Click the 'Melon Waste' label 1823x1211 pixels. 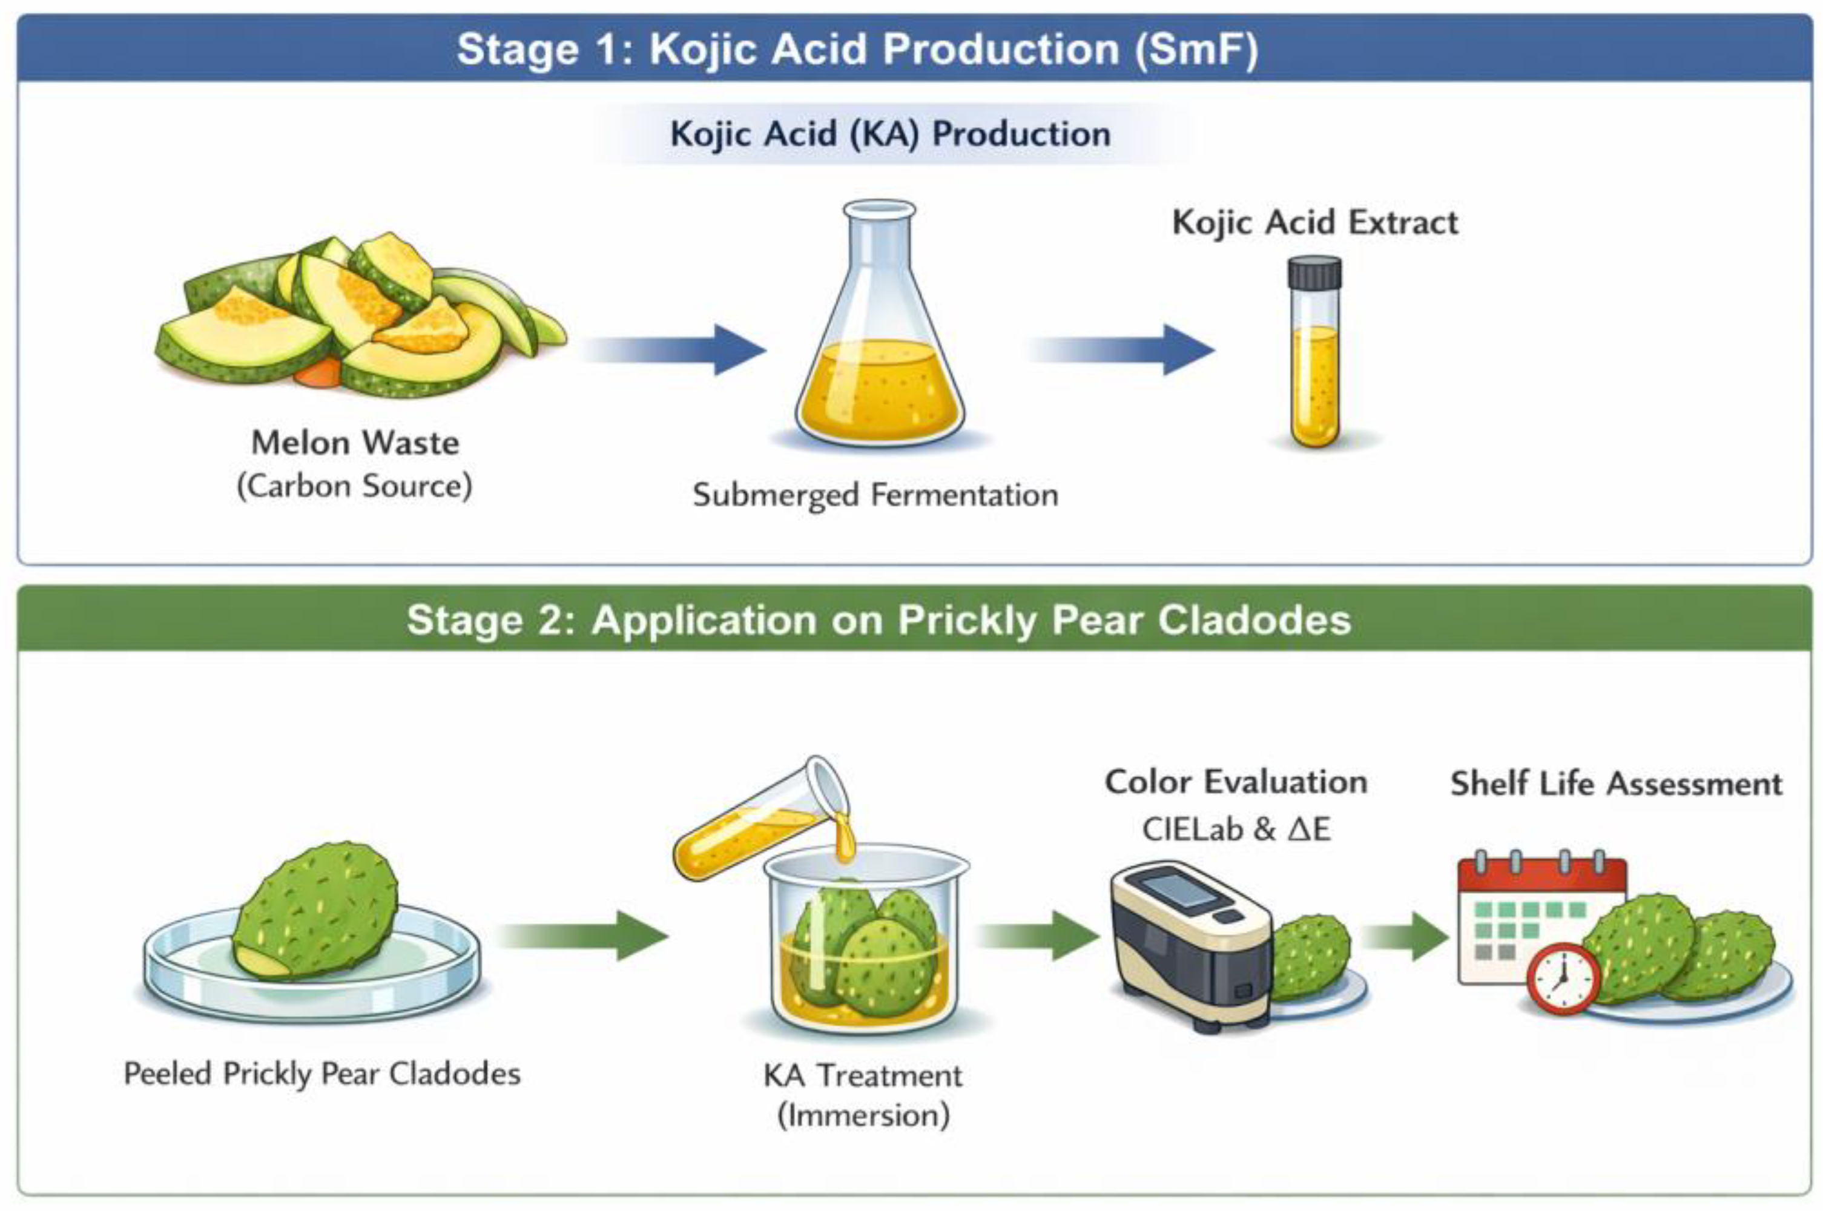[x=355, y=443]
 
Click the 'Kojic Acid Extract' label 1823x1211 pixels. [x=1315, y=222]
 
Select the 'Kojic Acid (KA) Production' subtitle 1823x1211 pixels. [x=890, y=134]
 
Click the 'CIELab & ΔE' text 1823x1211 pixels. [x=1235, y=830]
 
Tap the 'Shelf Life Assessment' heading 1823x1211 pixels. [x=1616, y=784]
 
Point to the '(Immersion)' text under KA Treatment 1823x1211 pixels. [x=863, y=1115]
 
